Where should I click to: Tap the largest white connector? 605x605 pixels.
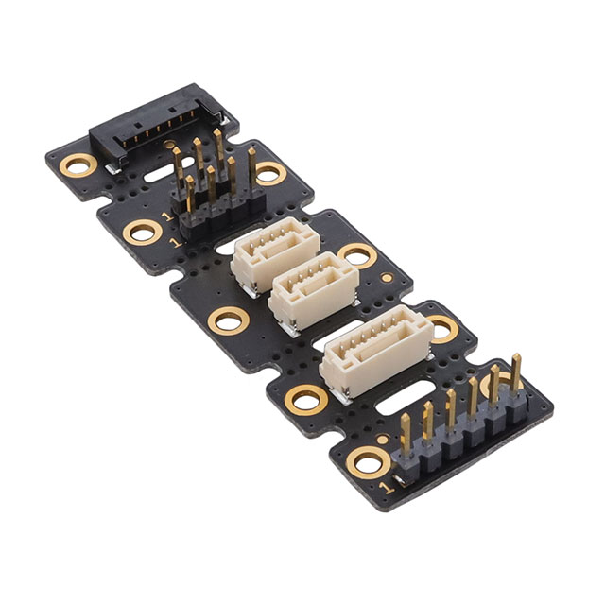(x=376, y=352)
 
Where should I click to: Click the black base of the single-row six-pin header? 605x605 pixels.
(x=460, y=441)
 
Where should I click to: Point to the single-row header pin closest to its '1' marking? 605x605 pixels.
(x=406, y=434)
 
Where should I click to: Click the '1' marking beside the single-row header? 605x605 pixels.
(x=387, y=488)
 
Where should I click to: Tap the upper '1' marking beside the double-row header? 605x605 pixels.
(x=168, y=216)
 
